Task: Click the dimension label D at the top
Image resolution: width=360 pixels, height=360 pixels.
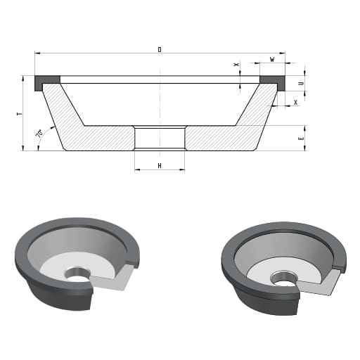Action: tap(160, 50)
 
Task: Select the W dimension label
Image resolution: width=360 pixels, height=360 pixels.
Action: tap(272, 60)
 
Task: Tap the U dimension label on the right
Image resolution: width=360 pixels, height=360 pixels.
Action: tap(302, 84)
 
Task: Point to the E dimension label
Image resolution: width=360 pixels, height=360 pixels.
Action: tap(302, 139)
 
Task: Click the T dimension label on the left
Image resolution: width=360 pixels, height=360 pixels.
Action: tap(20, 114)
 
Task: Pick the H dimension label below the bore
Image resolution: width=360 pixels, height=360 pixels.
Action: tap(160, 166)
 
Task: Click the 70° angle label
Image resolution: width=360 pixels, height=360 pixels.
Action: tap(39, 133)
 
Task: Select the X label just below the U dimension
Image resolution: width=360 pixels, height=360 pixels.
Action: tap(296, 103)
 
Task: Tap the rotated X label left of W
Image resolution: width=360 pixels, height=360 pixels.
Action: tap(237, 64)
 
